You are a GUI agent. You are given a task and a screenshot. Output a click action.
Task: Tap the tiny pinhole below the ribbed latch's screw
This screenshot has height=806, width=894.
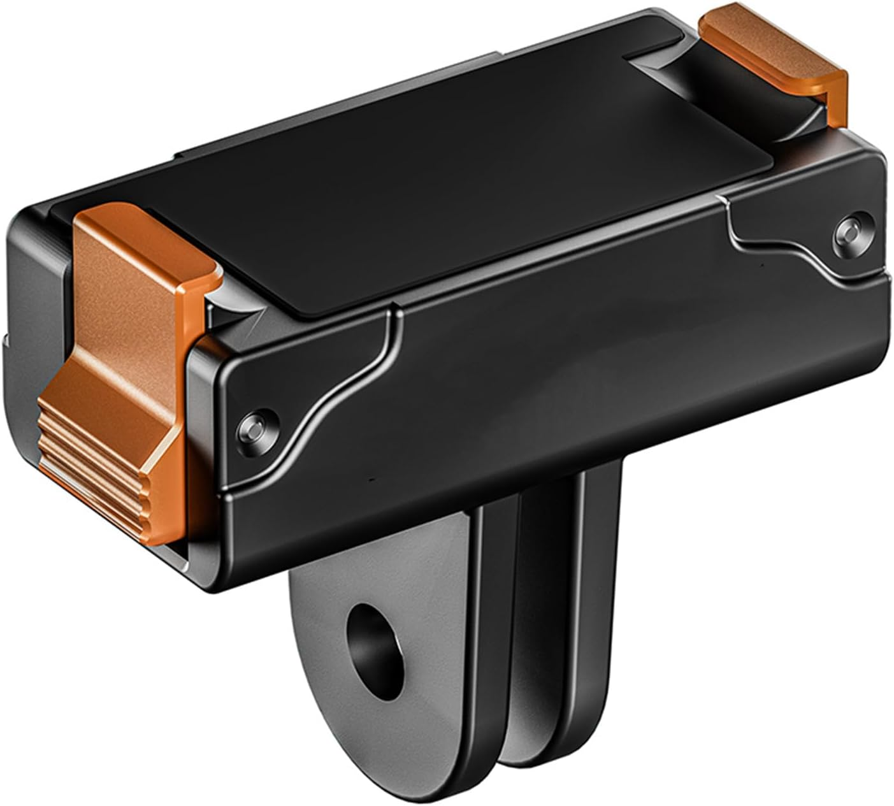point(371,477)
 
